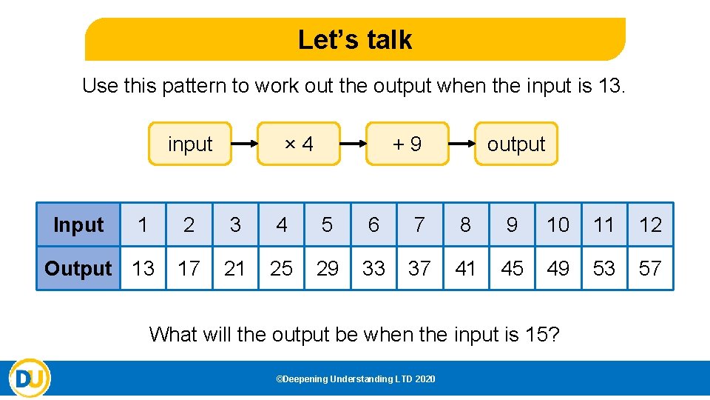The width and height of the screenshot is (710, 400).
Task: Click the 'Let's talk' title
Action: click(355, 39)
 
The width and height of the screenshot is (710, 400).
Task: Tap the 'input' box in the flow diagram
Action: click(190, 144)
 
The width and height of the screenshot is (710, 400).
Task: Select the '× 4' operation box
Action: click(299, 144)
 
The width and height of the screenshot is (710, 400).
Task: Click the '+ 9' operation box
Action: click(408, 144)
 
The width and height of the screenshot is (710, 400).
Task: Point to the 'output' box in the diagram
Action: click(515, 144)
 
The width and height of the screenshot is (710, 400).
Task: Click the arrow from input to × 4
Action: click(244, 144)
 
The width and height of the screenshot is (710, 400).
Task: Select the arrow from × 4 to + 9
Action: click(353, 144)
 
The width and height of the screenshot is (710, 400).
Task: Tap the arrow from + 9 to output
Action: click(461, 144)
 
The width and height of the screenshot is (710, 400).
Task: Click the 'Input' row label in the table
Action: click(78, 224)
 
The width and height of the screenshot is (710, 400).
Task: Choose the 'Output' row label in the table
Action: click(78, 268)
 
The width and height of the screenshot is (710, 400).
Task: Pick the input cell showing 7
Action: click(419, 224)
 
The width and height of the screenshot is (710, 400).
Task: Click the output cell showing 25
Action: click(281, 268)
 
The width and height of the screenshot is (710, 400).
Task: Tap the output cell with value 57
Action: click(650, 268)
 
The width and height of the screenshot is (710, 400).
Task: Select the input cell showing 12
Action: click(650, 224)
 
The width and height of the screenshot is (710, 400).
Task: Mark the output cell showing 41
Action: click(465, 268)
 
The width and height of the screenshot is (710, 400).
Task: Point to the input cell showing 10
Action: click(558, 224)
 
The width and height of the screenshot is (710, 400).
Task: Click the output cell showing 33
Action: click(373, 268)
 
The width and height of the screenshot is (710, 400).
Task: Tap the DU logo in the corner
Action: click(30, 379)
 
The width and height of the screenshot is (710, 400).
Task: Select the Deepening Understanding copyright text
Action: click(355, 379)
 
